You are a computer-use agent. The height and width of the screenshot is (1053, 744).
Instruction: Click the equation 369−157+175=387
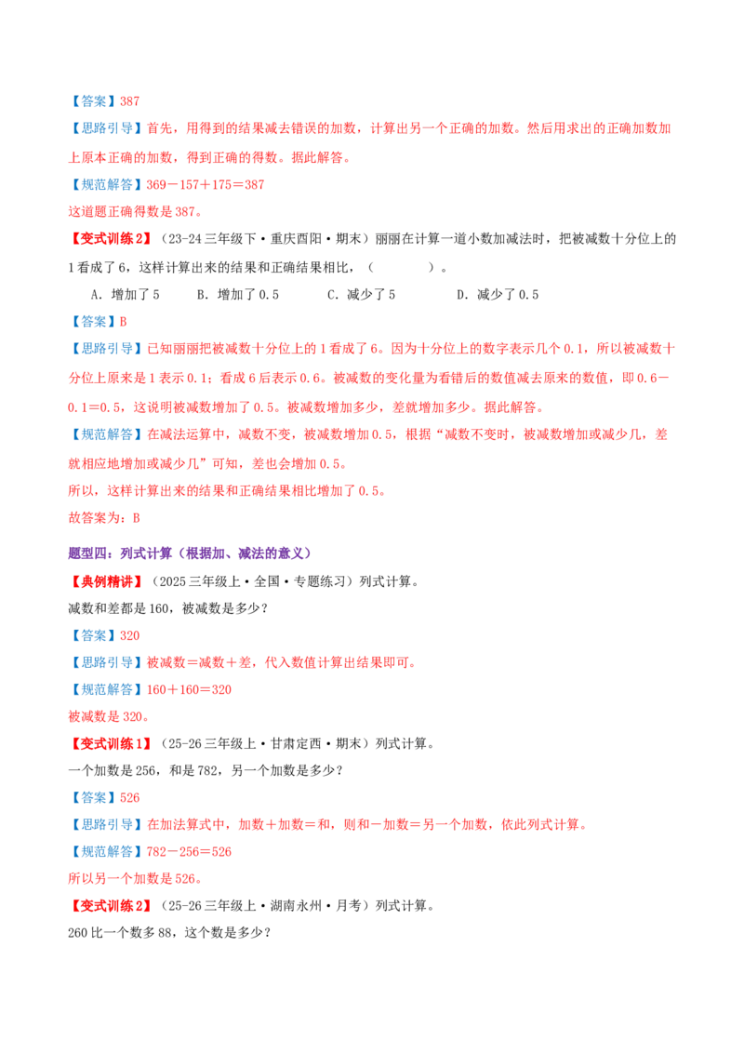(206, 185)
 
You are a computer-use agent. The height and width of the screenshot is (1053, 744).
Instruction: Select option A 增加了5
(125, 294)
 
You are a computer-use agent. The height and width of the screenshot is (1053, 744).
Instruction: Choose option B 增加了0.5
(238, 294)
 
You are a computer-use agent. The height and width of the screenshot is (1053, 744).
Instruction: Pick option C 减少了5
(361, 294)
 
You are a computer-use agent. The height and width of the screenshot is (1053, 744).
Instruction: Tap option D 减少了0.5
(498, 294)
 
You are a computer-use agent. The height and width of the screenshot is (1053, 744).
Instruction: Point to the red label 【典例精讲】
(107, 580)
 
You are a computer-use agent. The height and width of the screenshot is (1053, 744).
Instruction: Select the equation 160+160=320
(189, 689)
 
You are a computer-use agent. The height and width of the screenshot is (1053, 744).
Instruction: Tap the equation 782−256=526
(189, 851)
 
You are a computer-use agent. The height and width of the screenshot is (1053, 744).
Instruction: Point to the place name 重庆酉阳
(296, 239)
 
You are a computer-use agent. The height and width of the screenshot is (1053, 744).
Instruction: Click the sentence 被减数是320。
(109, 716)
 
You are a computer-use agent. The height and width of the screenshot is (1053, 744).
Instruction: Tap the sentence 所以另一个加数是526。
(135, 878)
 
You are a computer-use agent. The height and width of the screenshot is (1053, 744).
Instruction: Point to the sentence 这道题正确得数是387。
(135, 211)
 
